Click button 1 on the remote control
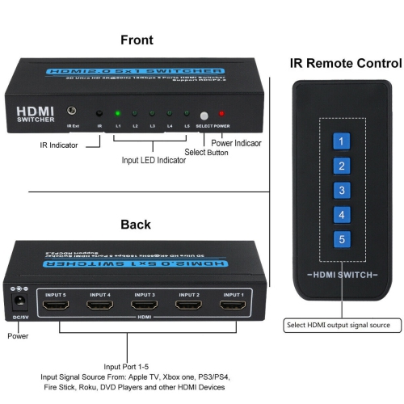point(343,142)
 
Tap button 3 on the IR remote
point(343,191)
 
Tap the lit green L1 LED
point(117,114)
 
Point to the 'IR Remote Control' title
point(345,63)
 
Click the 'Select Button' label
point(207,152)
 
